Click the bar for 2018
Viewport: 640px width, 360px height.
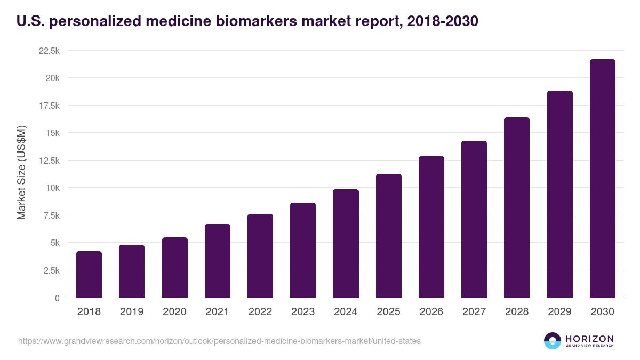89,275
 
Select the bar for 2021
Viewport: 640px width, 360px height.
218,261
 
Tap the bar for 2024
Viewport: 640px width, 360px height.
346,244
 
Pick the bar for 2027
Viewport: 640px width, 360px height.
474,219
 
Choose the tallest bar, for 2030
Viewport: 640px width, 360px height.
602,179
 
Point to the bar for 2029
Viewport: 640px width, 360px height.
559,194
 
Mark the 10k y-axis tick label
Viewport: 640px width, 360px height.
52,188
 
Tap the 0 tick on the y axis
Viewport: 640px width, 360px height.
57,298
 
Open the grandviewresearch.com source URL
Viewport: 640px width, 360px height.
219,341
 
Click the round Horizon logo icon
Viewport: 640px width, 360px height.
553,341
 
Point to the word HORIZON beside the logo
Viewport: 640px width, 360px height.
589,339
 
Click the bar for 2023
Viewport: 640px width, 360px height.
303,250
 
